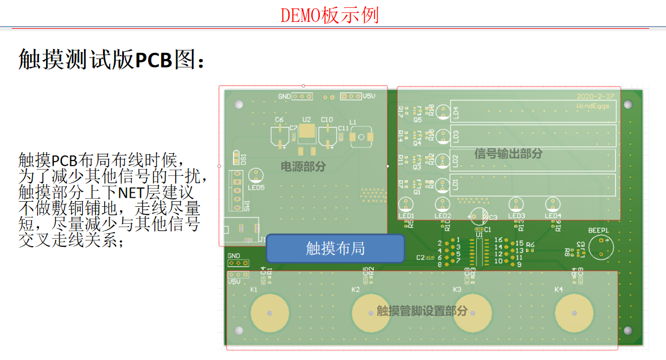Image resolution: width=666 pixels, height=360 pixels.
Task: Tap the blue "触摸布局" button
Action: pos(335,248)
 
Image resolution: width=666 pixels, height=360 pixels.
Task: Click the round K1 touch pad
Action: pos(270,313)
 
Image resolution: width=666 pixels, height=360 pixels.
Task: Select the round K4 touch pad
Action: pos(574,313)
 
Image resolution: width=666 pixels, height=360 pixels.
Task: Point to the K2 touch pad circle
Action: pos(371,313)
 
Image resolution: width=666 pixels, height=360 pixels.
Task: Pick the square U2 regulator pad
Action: pos(306,132)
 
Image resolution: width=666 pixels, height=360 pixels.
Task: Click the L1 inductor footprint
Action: pos(360,137)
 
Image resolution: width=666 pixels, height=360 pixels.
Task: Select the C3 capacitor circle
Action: pos(479,216)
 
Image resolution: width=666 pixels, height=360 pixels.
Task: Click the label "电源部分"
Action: pos(303,166)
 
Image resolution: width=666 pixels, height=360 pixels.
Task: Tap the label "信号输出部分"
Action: pos(508,153)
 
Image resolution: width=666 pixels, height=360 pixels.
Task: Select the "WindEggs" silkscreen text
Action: pos(596,106)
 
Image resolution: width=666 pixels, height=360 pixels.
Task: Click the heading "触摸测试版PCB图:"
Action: pos(111,59)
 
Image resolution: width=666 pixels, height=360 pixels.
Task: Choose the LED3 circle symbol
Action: pos(516,205)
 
